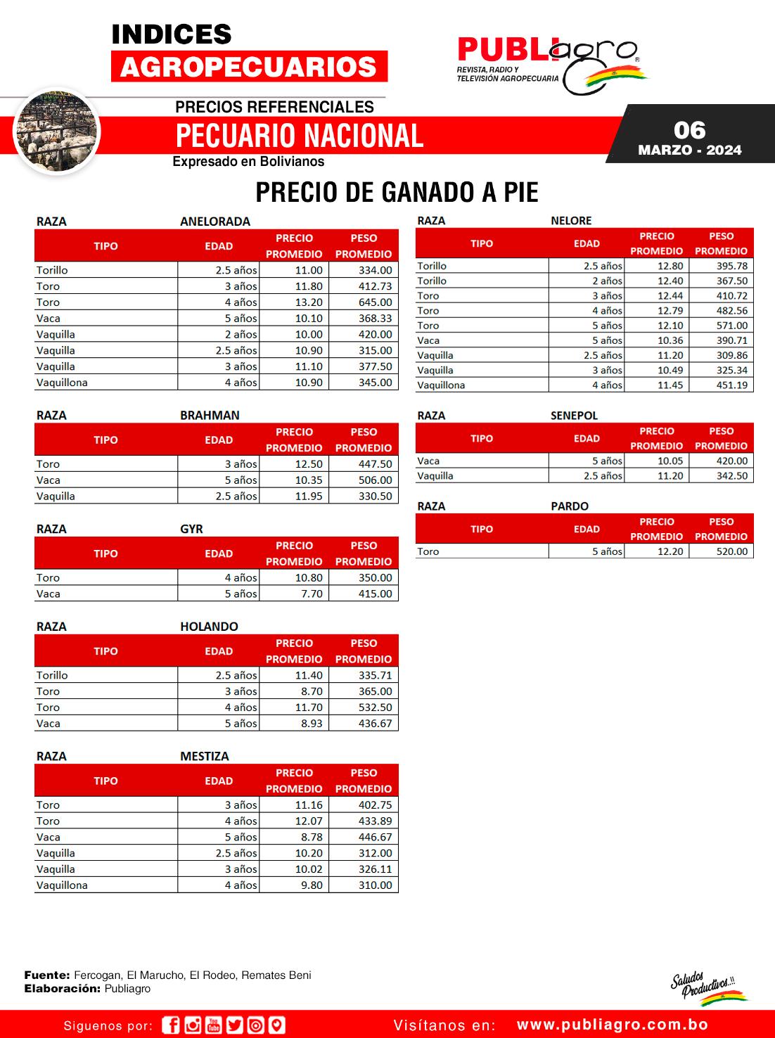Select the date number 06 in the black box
tap(689, 130)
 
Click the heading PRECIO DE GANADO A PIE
tap(397, 192)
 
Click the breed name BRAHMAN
tap(210, 416)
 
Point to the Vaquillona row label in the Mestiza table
tap(62, 885)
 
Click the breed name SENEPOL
tap(574, 416)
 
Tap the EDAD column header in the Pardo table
tap(587, 529)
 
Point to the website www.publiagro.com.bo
tap(612, 1025)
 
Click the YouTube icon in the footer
tap(214, 1025)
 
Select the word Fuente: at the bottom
tap(47, 975)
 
